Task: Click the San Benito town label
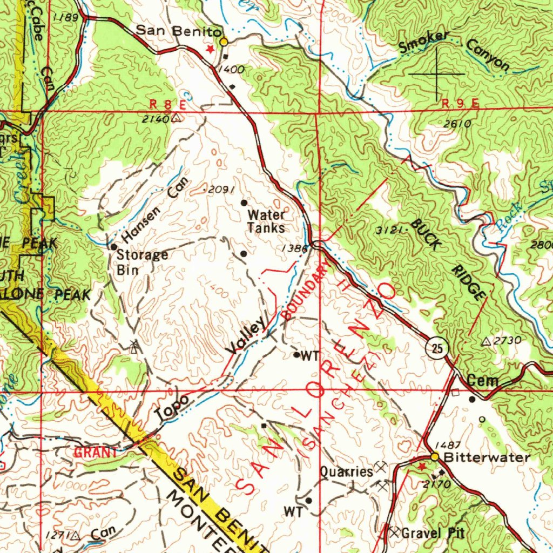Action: click(x=178, y=31)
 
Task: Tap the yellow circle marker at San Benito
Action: click(x=224, y=41)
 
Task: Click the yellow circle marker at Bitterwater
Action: click(x=434, y=457)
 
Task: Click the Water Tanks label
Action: click(x=266, y=221)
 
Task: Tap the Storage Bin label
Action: click(x=142, y=261)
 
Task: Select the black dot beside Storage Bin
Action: click(x=114, y=247)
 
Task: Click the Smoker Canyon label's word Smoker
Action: click(x=424, y=43)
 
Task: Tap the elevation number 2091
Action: click(x=220, y=190)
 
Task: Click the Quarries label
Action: click(x=346, y=471)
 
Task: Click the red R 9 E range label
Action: click(x=460, y=103)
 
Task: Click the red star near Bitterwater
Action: click(x=422, y=465)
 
